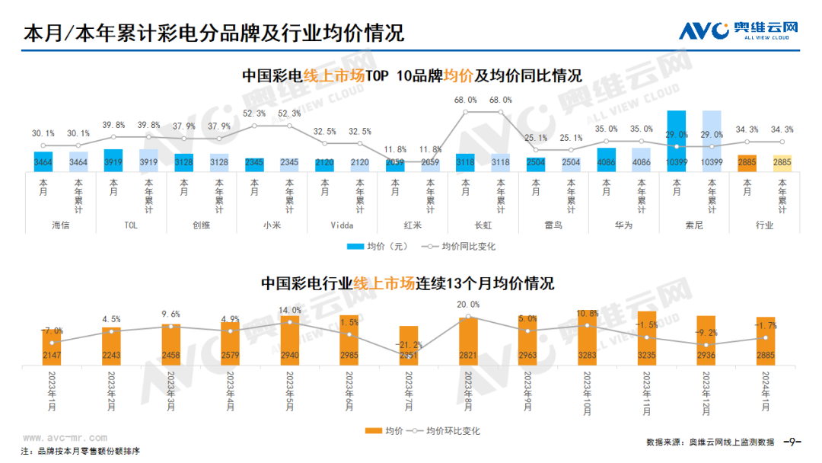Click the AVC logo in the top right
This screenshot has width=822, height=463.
pos(738,30)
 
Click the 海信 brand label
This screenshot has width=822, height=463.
pos(60,225)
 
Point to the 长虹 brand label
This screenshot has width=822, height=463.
pos(483,225)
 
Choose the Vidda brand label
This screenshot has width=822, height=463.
pos(342,225)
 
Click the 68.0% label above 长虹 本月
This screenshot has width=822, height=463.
pos(465,100)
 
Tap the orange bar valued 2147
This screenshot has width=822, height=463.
pos(52,346)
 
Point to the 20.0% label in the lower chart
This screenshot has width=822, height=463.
pos(468,305)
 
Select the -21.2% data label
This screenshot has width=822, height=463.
pos(409,344)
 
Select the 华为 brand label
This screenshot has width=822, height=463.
pos(623,225)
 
